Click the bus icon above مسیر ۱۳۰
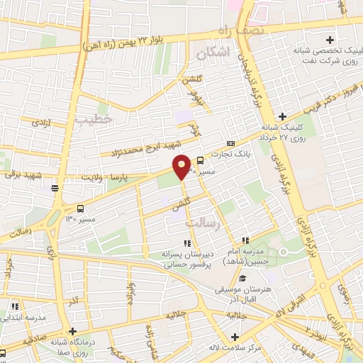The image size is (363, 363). tap(79, 209)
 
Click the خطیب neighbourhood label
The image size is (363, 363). tap(98, 120)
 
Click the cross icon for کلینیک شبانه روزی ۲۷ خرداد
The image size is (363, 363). tap(282, 116)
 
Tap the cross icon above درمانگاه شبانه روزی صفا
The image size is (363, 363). tap(72, 331)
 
